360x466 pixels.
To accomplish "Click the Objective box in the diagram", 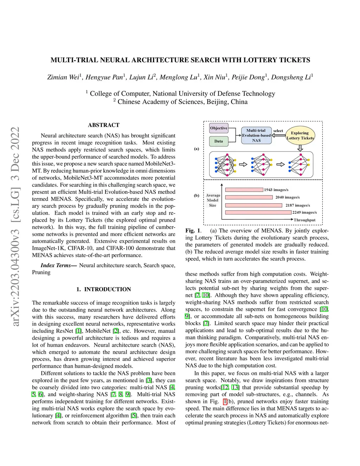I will coord(219,128).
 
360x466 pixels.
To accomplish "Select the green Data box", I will coord(219,141).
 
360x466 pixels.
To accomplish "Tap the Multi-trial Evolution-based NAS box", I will coord(256,135).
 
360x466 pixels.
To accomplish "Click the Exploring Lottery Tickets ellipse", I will coord(300,135).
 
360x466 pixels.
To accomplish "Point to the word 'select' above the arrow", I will coord(278,131).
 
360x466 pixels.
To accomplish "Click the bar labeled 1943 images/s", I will coord(244,190).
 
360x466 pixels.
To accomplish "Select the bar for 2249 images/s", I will coord(258,212).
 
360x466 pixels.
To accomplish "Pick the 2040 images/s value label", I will coord(288,197).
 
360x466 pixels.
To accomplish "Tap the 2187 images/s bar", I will coord(253,205).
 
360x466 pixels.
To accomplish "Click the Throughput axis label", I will coord(304,220).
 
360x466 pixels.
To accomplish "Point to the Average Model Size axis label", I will coord(213,200).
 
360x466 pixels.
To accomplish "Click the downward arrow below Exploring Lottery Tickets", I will coord(300,148).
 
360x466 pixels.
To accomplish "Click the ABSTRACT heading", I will coord(104,125).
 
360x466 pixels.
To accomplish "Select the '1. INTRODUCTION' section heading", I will coord(104,289).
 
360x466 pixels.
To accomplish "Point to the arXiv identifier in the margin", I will coord(15,226).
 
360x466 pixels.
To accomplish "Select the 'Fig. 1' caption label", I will coord(193,231).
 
